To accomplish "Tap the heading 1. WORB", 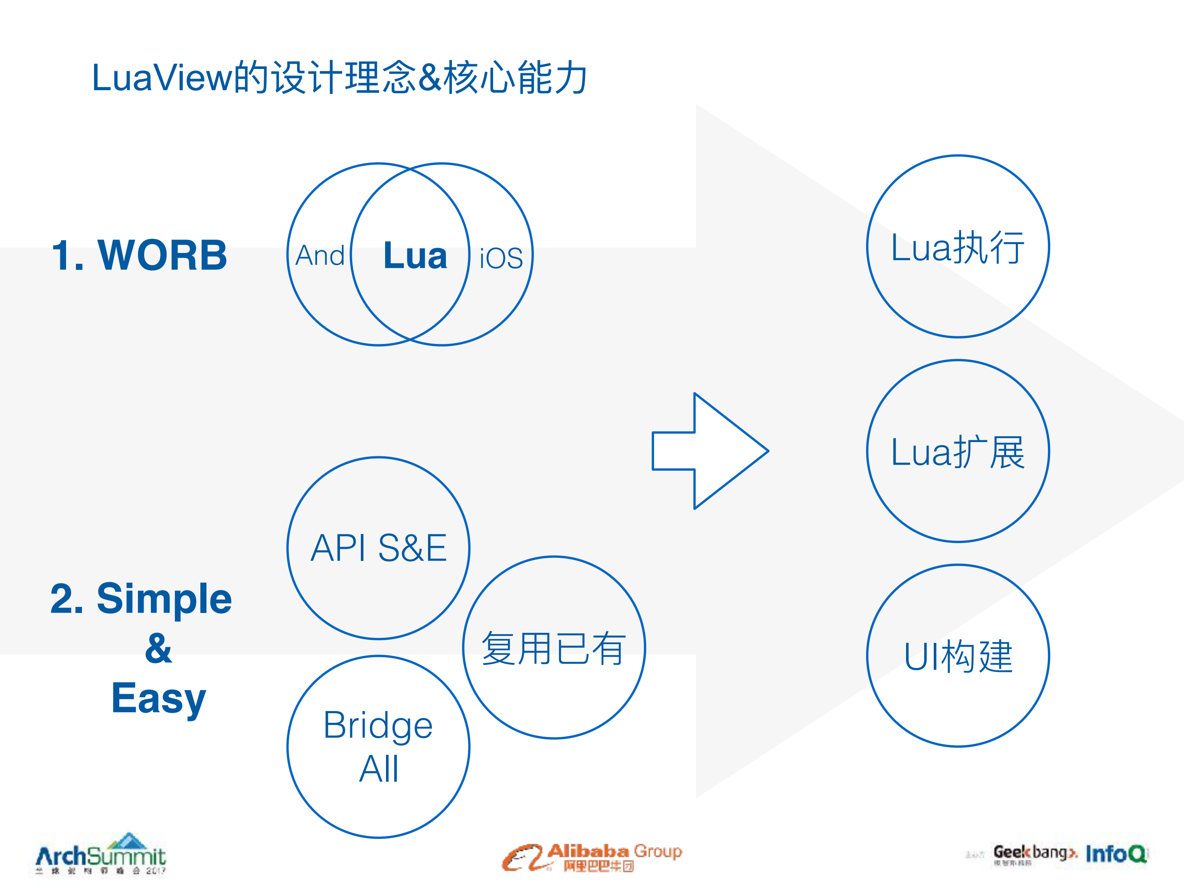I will point(140,256).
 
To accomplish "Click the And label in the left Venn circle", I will point(320,256).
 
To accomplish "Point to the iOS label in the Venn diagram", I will point(500,259).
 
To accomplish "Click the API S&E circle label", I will point(379,548).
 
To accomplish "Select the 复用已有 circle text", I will point(553,649).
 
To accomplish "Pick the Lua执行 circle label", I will point(958,248).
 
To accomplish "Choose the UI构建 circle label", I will point(958,657).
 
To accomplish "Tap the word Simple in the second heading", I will point(164,599).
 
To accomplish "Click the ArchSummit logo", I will point(101,855).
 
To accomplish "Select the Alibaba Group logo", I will point(592,857).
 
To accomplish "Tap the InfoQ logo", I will point(1116,854).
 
